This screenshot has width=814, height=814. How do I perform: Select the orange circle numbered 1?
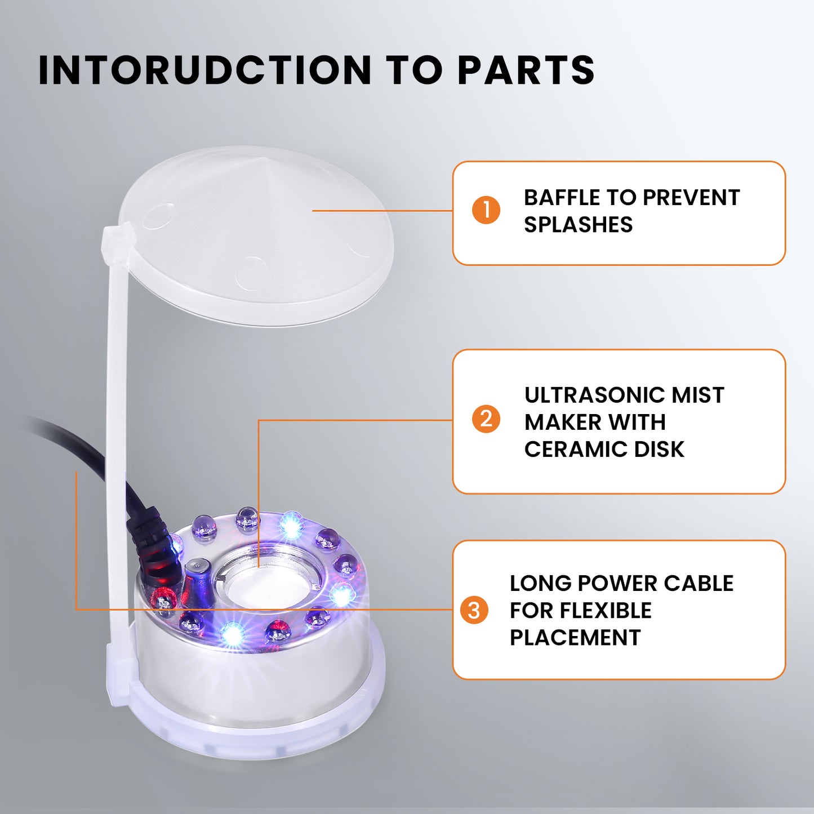[486, 210]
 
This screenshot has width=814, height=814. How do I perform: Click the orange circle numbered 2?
[486, 419]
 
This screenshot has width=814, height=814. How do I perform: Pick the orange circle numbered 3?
[474, 610]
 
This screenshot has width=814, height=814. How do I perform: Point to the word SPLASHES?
[579, 224]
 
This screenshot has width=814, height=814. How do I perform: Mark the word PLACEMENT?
[575, 638]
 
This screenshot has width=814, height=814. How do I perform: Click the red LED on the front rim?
[277, 632]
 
